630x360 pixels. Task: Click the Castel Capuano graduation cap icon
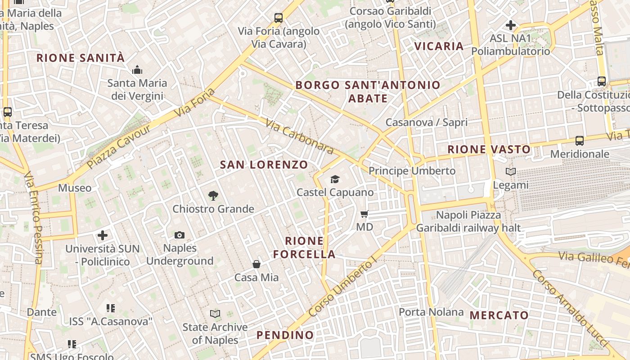pos(335,180)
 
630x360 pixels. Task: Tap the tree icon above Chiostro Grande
pos(213,196)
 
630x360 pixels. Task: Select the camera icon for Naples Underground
pos(180,235)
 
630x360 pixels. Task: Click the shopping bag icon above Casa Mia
pos(256,264)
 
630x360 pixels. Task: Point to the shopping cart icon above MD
pos(364,214)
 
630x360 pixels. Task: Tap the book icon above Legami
pos(511,171)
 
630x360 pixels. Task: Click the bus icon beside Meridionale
pos(580,141)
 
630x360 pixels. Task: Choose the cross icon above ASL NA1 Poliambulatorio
pos(511,25)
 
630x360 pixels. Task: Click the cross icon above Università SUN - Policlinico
pos(103,235)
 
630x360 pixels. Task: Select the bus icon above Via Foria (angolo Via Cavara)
pos(279,18)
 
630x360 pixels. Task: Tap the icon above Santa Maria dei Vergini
pos(137,70)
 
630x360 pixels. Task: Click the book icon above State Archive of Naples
pos(215,314)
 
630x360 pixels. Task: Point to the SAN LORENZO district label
pos(264,165)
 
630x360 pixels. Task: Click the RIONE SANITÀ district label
pos(81,58)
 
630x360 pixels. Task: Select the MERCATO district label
pos(499,315)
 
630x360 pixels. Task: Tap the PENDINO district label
pos(285,335)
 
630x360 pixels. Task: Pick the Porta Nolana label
pos(431,312)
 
